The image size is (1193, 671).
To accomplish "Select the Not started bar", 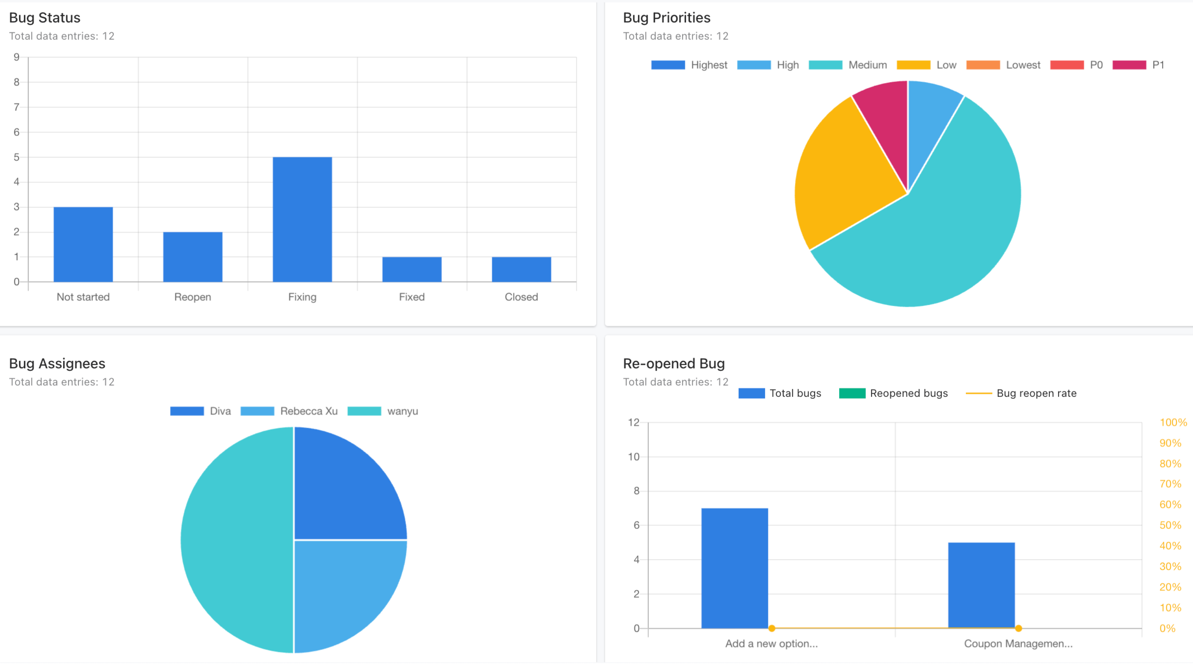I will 83,244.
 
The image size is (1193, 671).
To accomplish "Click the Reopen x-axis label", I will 192,297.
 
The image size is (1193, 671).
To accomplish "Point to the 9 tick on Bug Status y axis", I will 17,57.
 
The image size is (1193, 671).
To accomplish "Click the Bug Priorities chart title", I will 666,18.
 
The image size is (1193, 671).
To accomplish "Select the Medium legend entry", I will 848,65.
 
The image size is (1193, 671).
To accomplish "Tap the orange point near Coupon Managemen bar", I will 1018,628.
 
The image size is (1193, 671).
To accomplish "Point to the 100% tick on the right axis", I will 1172,422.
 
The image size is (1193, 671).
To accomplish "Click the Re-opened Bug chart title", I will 673,363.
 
